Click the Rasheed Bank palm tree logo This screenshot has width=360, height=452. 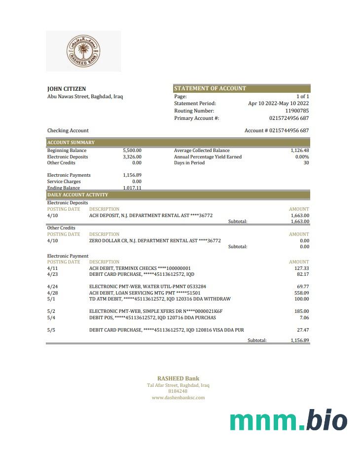tap(83, 51)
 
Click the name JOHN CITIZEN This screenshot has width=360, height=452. tap(67, 89)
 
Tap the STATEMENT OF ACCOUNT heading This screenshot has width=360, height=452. tap(210, 88)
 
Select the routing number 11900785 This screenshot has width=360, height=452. tap(297, 111)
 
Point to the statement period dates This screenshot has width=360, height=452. tap(278, 104)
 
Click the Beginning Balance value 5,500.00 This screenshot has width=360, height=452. tap(132, 151)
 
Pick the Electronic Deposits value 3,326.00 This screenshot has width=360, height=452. tap(132, 157)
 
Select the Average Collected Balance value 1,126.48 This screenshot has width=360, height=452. tap(300, 151)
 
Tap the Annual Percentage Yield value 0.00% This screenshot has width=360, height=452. tap(302, 157)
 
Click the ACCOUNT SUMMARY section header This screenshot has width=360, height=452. tap(71, 143)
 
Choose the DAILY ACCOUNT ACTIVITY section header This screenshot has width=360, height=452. tap(77, 195)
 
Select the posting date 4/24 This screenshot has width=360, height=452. tap(52, 286)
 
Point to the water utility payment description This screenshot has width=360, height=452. tap(147, 286)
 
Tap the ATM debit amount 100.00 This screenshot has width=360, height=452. tap(301, 299)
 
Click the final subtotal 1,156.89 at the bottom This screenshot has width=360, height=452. tap(300, 340)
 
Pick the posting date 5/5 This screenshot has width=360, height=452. tap(51, 330)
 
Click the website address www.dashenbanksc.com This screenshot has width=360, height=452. tap(178, 397)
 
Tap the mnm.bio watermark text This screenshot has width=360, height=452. tap(288, 420)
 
